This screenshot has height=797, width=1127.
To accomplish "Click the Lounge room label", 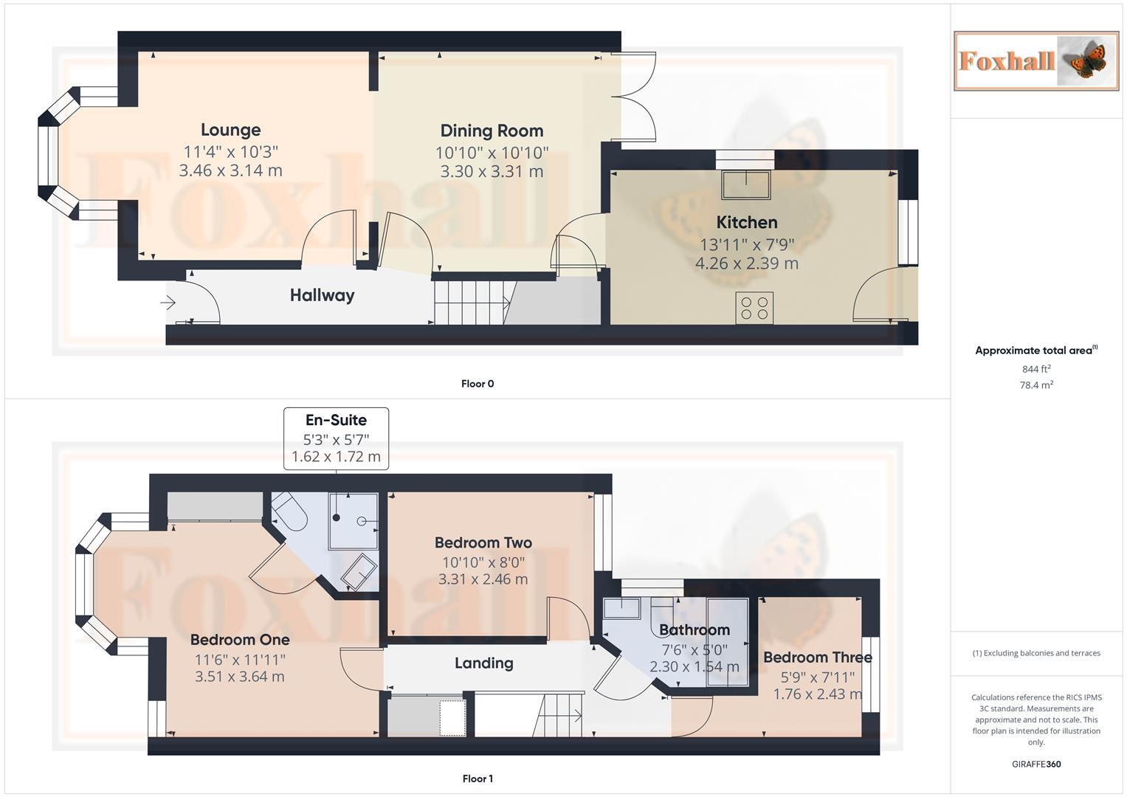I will pyautogui.click(x=230, y=130).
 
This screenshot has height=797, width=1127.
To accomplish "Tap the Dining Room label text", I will pyautogui.click(x=492, y=131).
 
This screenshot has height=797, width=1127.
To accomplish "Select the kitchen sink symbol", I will pyautogui.click(x=745, y=184).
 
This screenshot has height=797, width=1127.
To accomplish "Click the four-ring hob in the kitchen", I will pyautogui.click(x=754, y=308).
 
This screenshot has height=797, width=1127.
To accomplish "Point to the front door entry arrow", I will pyautogui.click(x=168, y=303).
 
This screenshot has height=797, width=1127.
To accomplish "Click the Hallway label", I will pyautogui.click(x=322, y=295).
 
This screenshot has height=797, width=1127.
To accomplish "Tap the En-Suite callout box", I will pyautogui.click(x=336, y=438).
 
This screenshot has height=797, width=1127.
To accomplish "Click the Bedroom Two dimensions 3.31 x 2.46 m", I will pyautogui.click(x=483, y=579).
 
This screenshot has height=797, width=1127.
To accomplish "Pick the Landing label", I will pyautogui.click(x=483, y=663).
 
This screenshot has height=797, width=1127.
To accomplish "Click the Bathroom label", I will pyautogui.click(x=694, y=629).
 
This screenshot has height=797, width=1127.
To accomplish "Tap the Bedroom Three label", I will pyautogui.click(x=817, y=657).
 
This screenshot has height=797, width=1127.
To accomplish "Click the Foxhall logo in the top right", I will pyautogui.click(x=1035, y=61).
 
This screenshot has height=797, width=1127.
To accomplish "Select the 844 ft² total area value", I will pyautogui.click(x=1035, y=369).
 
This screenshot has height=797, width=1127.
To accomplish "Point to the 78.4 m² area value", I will pyautogui.click(x=1035, y=385).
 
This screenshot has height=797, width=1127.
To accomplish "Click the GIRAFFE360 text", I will pyautogui.click(x=1035, y=764).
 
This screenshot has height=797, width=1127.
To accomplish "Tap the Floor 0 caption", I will pyautogui.click(x=478, y=384).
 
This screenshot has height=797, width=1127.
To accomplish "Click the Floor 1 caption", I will pyautogui.click(x=478, y=779).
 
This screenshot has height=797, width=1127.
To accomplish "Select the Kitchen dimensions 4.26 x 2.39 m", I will pyautogui.click(x=746, y=263).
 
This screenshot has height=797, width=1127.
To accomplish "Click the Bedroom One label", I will pyautogui.click(x=239, y=640).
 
